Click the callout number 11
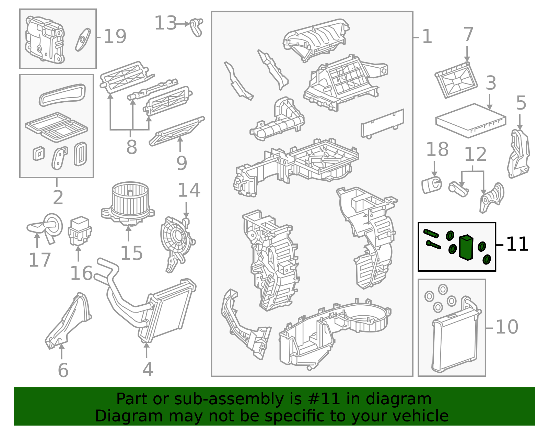click(x=517, y=244)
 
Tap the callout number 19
click(x=115, y=36)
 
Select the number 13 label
click(x=165, y=23)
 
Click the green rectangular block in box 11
click(x=466, y=248)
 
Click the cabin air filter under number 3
click(x=471, y=121)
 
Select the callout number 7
click(x=468, y=34)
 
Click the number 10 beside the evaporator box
click(x=507, y=327)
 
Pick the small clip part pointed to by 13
click(x=196, y=27)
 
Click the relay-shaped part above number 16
click(x=80, y=231)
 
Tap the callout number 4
click(x=148, y=369)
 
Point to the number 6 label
click(x=63, y=371)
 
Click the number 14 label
click(x=189, y=190)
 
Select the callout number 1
click(x=427, y=36)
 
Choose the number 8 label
click(x=132, y=147)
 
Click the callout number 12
click(x=475, y=154)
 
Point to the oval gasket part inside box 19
click(x=83, y=40)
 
